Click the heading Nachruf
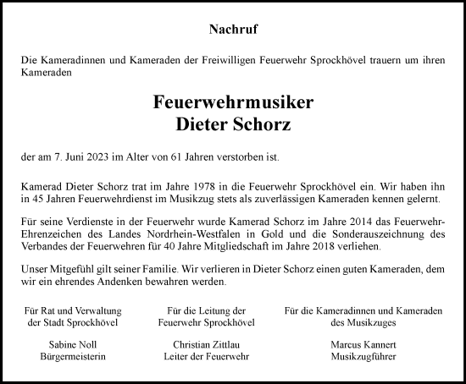click(233, 30)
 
